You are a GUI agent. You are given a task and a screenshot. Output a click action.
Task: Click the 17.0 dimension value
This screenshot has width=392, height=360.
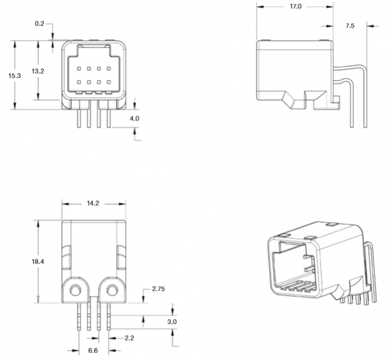(295, 6)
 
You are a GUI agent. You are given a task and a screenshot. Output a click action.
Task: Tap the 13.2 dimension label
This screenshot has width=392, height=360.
(38, 71)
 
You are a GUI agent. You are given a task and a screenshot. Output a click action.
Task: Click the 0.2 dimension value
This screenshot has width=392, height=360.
(39, 24)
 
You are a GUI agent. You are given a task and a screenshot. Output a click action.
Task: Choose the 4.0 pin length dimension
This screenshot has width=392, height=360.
(134, 118)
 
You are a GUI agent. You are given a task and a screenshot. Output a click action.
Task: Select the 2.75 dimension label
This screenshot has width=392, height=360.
(159, 289)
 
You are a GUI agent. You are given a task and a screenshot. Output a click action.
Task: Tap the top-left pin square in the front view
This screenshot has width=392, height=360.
(80, 69)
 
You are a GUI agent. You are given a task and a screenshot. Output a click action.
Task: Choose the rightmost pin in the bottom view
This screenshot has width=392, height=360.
(108, 323)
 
